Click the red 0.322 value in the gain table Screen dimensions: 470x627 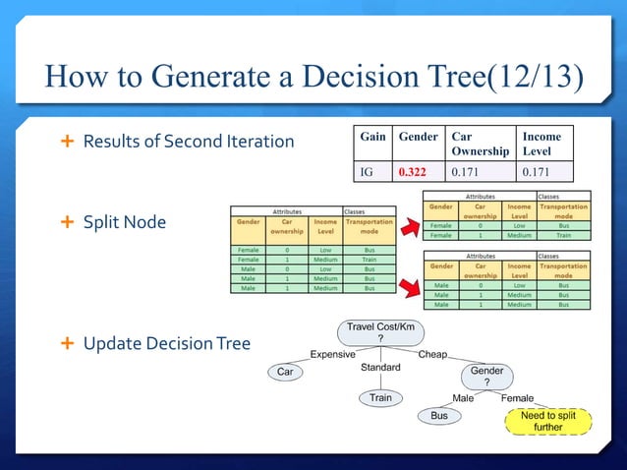click(x=413, y=173)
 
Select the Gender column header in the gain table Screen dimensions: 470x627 click(x=418, y=137)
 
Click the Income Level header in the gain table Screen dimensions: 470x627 click(x=541, y=144)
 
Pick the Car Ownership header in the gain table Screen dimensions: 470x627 click(x=480, y=144)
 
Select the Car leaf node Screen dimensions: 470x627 click(x=285, y=373)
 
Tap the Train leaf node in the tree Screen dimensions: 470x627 click(x=380, y=398)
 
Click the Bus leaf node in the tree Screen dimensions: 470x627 click(x=440, y=417)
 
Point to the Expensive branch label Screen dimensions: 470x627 click(x=333, y=354)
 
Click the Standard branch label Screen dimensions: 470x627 click(x=380, y=368)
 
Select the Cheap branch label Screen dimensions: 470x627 click(x=432, y=354)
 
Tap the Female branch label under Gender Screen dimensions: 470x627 click(x=517, y=398)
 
